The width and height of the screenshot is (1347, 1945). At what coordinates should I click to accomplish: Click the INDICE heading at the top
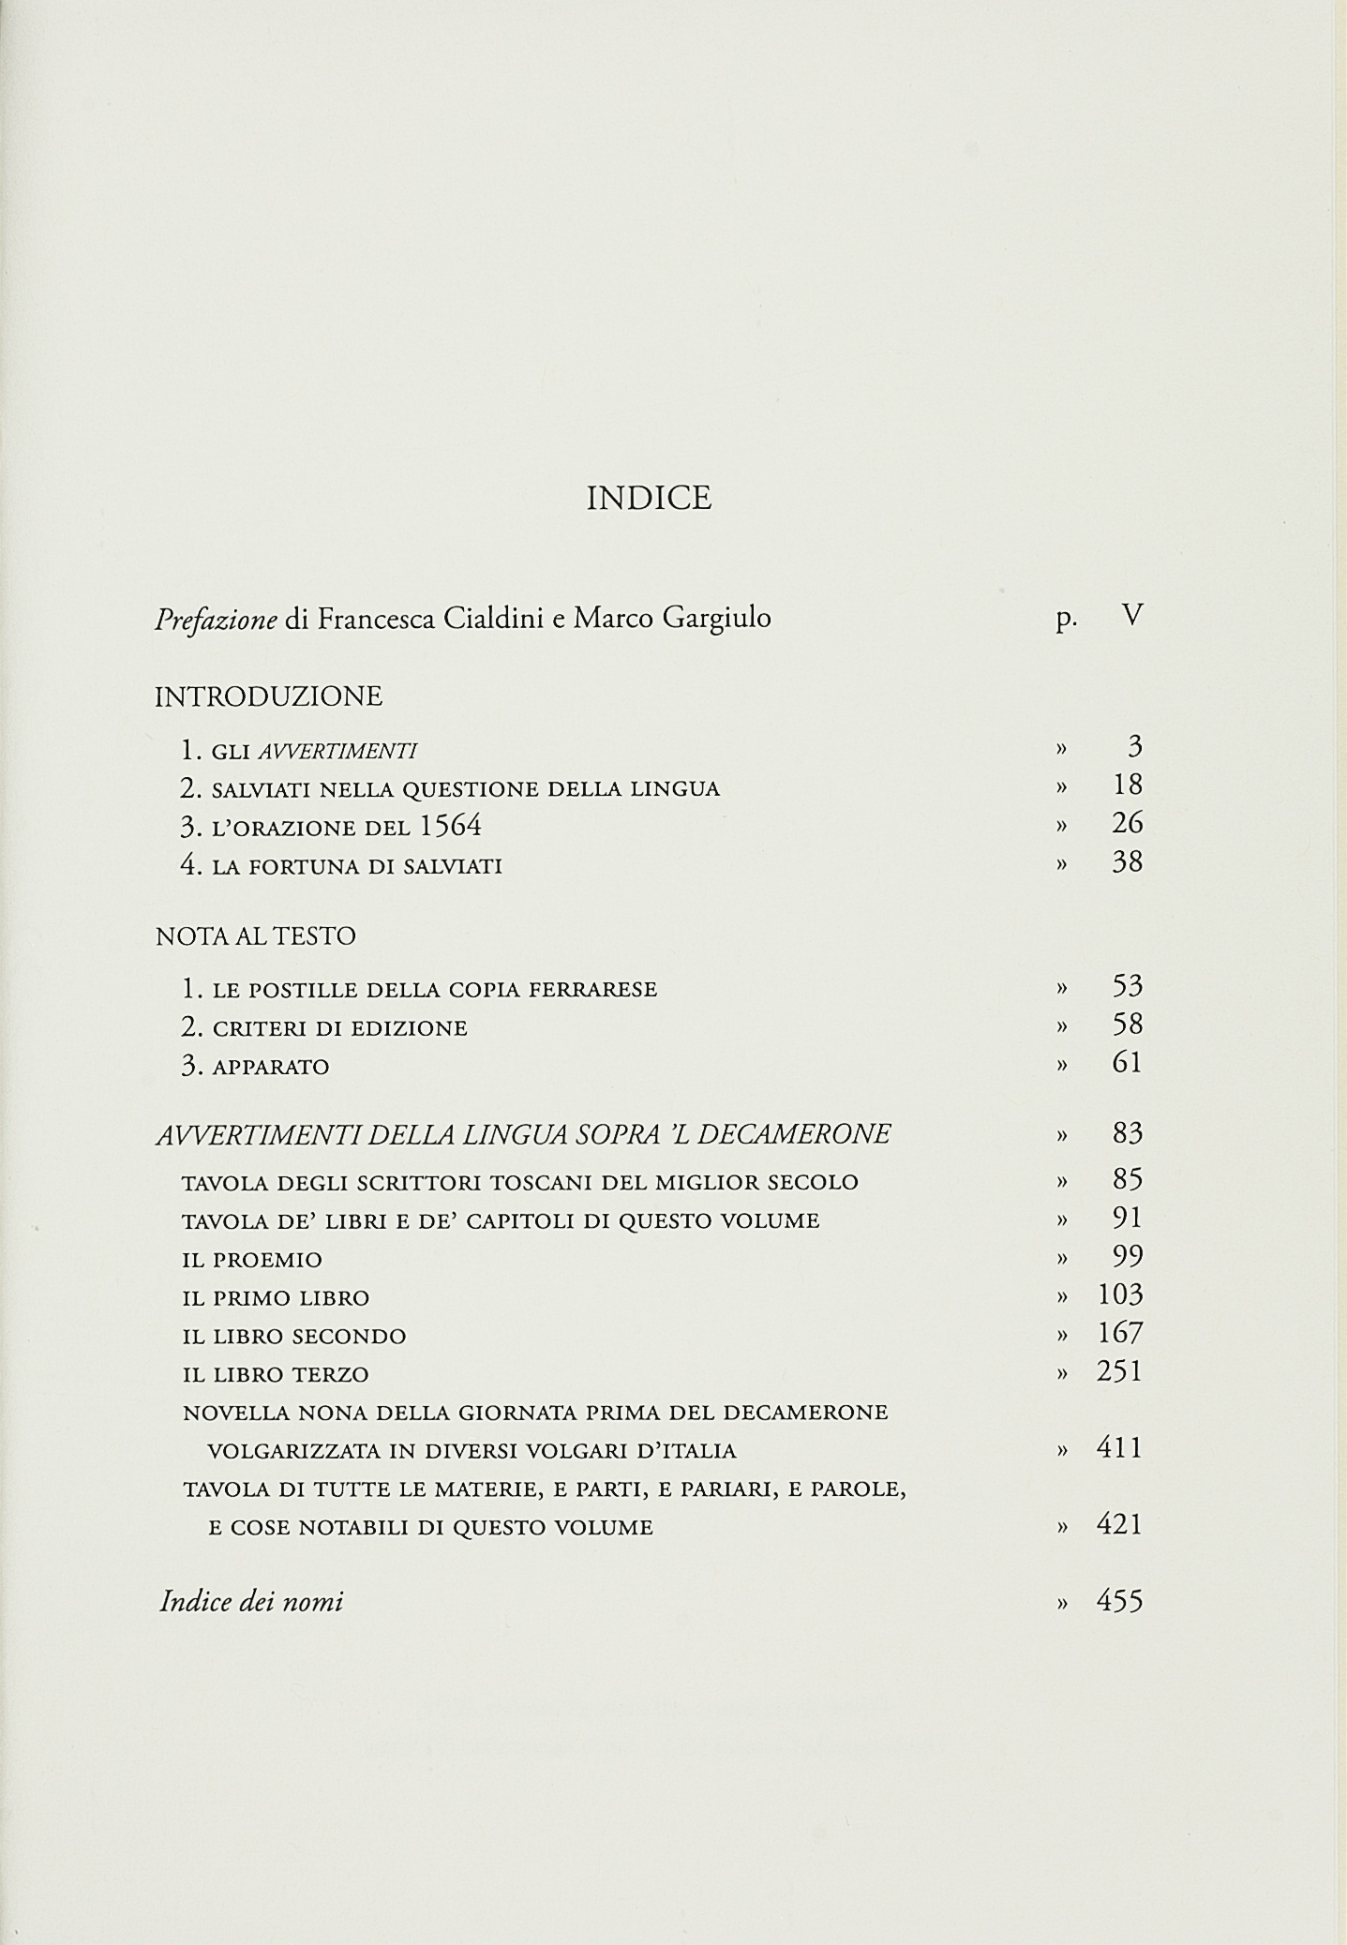(x=649, y=498)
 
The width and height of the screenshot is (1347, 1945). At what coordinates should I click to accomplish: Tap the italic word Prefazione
(x=216, y=619)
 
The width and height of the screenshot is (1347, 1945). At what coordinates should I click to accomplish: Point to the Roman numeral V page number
(x=1132, y=616)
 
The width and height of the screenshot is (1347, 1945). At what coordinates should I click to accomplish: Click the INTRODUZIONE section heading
(x=269, y=696)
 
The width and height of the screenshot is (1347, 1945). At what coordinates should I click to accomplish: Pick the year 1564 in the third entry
(x=450, y=826)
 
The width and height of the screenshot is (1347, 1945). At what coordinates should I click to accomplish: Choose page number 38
(x=1127, y=861)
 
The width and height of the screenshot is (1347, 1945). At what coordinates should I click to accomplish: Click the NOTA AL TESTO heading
(x=256, y=936)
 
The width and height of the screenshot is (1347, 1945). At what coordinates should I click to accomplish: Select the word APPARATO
(x=271, y=1067)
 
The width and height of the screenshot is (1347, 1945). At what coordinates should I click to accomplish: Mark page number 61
(x=1127, y=1063)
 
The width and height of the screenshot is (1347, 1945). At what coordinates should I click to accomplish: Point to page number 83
(x=1127, y=1134)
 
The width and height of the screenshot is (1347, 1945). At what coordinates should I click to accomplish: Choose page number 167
(x=1120, y=1333)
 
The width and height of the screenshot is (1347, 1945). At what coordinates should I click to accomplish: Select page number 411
(x=1120, y=1449)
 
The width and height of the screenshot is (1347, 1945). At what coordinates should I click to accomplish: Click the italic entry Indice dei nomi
(x=251, y=1601)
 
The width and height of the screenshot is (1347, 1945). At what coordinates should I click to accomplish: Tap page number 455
(x=1120, y=1601)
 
